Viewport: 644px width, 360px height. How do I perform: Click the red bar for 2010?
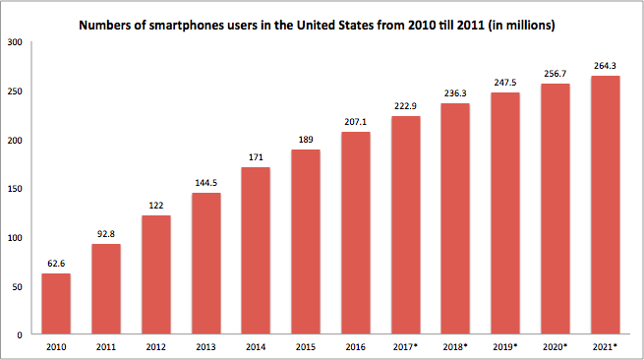(x=56, y=304)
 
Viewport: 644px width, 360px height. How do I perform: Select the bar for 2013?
(x=206, y=264)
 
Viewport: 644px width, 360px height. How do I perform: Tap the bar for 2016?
(x=356, y=233)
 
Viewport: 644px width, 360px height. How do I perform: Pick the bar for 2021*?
(x=606, y=205)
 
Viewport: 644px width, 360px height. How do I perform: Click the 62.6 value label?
(x=56, y=264)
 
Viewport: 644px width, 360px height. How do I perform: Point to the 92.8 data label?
(x=106, y=234)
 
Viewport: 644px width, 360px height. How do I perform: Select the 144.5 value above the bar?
(x=206, y=183)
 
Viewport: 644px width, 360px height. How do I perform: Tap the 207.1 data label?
(x=356, y=122)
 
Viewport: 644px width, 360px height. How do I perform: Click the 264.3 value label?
(x=605, y=66)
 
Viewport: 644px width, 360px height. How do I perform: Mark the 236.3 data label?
(x=455, y=93)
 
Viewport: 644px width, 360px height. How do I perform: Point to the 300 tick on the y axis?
(x=15, y=42)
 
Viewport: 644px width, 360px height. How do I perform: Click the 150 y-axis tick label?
(x=15, y=189)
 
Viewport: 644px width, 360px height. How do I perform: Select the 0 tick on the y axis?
(x=20, y=335)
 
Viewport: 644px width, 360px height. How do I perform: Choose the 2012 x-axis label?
(x=156, y=347)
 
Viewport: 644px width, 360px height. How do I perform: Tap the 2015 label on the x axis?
(x=306, y=347)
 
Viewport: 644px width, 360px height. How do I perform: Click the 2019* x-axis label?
(x=505, y=347)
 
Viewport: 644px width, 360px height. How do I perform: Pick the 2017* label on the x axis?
(x=405, y=347)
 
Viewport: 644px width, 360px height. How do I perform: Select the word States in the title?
(x=356, y=25)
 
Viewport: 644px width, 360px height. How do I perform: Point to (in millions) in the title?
(x=522, y=26)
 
